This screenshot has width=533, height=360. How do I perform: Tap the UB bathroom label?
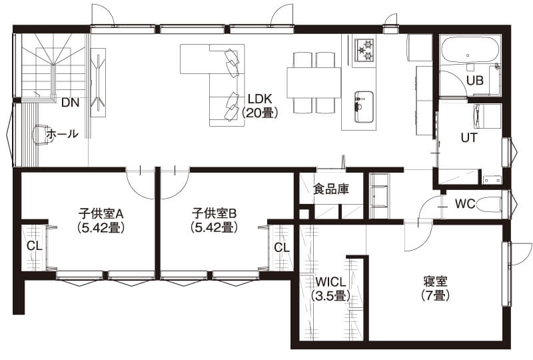pos(474,81)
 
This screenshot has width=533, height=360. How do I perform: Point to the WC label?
pos(465,203)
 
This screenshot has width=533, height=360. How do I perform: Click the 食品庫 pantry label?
pos(331,189)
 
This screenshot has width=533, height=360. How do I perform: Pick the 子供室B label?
pos(215,214)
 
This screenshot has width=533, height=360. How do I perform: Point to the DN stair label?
pos(69,103)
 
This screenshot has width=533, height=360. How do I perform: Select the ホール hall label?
pos(62,134)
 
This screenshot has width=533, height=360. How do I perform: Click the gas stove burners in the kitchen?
pos(365,49)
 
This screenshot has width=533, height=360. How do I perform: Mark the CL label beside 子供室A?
pos(34,245)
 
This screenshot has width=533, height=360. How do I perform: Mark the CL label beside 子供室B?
pos(282,247)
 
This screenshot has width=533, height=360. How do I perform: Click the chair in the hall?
pos(41,135)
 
